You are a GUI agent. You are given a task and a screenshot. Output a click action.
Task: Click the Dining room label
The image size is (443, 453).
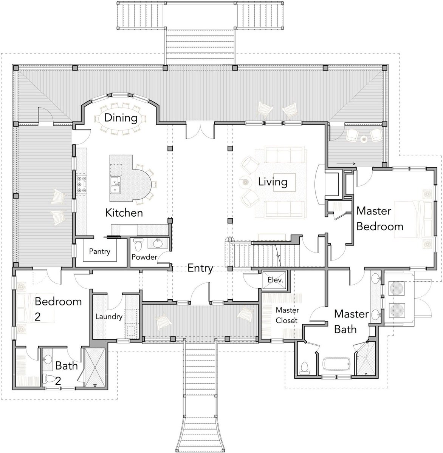pyautogui.click(x=121, y=118)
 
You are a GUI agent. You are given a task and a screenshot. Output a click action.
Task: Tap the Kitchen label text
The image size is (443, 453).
pyautogui.click(x=124, y=213)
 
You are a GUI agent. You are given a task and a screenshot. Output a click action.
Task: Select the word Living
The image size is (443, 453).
pyautogui.click(x=273, y=182)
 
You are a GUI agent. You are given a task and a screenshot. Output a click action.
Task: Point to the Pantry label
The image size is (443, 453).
pyautogui.click(x=99, y=251)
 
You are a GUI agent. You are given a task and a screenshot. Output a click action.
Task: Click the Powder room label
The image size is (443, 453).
pyautogui.click(x=144, y=257)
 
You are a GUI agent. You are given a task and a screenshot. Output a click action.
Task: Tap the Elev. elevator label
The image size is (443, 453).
pyautogui.click(x=275, y=280)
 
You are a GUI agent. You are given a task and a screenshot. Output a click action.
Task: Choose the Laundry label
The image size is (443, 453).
pyautogui.click(x=109, y=317)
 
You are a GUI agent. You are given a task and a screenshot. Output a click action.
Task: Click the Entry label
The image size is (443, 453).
pyautogui.click(x=200, y=269)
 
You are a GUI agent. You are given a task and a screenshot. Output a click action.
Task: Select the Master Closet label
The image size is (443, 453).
pyautogui.click(x=287, y=315)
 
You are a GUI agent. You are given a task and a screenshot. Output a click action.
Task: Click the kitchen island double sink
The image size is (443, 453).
pyautogui.click(x=115, y=185)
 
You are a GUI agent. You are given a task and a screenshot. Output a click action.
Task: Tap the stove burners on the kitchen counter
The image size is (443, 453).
pyautogui.click(x=82, y=184)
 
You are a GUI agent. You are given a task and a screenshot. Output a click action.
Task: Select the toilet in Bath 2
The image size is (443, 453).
pyautogui.click(x=48, y=379)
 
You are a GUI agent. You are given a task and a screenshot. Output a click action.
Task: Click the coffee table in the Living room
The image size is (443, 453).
pyautogui.click(x=284, y=182)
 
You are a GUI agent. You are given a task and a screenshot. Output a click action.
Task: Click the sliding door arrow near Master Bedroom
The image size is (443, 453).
pyautogui.click(x=346, y=164)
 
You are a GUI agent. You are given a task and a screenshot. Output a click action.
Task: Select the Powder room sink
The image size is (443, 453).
pyautogui.click(x=158, y=243)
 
